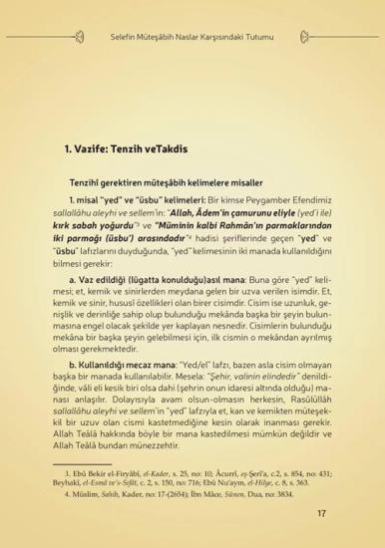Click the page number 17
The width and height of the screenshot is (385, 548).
pos(322,513)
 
